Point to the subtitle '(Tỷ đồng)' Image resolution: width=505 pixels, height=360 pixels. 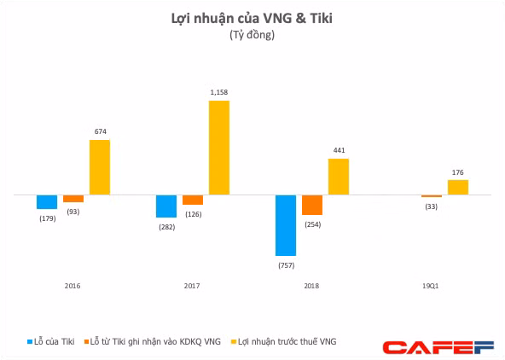click(x=252, y=35)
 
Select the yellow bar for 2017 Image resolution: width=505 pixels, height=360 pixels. click(x=219, y=148)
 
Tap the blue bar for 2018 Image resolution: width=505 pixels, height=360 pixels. click(x=286, y=225)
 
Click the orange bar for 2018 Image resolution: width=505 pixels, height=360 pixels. click(x=312, y=205)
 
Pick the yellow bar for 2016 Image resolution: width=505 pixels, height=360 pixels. click(x=100, y=167)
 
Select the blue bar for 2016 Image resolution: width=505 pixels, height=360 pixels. click(x=47, y=202)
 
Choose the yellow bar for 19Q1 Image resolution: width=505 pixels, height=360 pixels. click(x=458, y=187)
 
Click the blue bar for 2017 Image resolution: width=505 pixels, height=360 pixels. click(x=166, y=206)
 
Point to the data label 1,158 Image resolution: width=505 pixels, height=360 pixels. click(x=219, y=92)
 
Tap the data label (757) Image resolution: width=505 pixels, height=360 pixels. click(x=286, y=264)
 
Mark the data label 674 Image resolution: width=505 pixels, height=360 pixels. click(x=100, y=131)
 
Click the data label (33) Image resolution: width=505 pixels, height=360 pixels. click(x=432, y=206)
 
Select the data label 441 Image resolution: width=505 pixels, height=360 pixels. click(x=339, y=150)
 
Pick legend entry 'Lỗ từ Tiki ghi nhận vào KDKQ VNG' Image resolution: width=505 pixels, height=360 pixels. click(x=154, y=341)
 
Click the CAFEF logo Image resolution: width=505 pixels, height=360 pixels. click(x=438, y=346)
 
